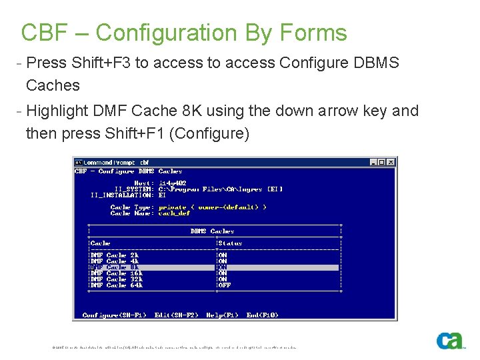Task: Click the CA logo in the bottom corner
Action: pos(450,340)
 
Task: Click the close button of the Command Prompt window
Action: pos(391,162)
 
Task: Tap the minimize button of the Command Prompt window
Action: pos(374,162)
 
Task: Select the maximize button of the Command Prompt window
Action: pos(383,162)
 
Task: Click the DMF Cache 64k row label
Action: pos(116,285)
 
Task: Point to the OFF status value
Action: pos(225,285)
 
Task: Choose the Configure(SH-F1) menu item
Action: pos(115,315)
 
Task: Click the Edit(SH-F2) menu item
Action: pos(177,315)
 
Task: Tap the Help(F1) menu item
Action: pos(223,315)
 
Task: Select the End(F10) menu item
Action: pos(263,315)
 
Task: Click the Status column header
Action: pos(230,243)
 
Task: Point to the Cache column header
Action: pos(100,243)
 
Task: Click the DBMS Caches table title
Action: pos(212,231)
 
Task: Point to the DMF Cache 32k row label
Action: pos(116,279)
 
